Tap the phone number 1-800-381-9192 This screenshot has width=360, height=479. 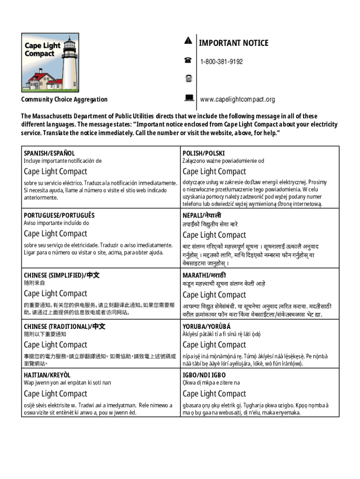click(222, 62)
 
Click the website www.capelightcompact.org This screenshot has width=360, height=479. click(238, 100)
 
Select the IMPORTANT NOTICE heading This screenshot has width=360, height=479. click(234, 43)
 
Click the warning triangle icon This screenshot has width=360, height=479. click(188, 41)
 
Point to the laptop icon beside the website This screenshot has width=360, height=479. click(188, 98)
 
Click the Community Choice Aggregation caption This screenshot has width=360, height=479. click(65, 99)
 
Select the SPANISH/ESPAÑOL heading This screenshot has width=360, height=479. click(50, 153)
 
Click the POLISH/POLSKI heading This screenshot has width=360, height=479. click(203, 153)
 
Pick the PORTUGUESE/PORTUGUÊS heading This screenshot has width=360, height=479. click(59, 215)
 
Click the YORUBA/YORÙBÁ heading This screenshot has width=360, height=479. click(207, 327)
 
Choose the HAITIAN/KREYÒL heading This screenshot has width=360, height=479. click(47, 375)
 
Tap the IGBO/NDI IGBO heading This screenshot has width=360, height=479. click(204, 375)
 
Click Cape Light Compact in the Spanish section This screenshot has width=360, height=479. click(56, 171)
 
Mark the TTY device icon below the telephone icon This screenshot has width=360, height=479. click(188, 79)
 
